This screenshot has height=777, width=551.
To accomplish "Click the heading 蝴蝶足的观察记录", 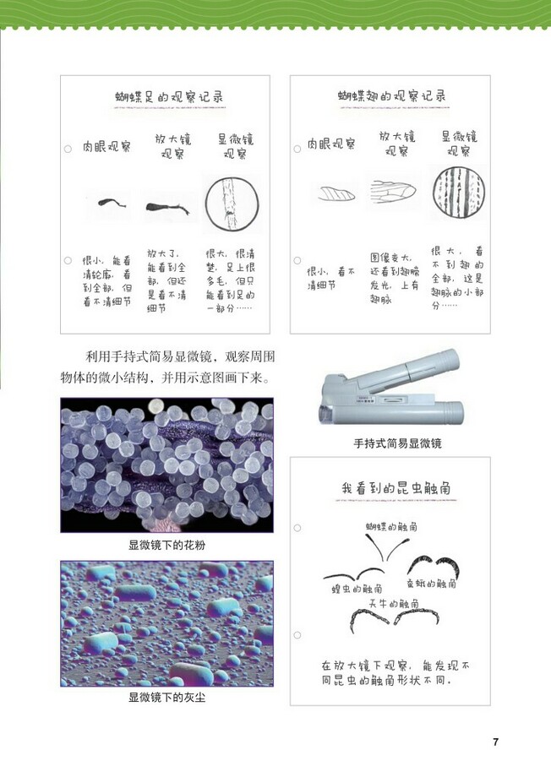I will tap(168, 97).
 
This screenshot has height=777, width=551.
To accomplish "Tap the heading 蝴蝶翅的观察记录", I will tap(391, 96).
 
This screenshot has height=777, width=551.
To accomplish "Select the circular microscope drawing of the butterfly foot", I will tap(230, 204).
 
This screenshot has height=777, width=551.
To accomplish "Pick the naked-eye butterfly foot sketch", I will tap(107, 203).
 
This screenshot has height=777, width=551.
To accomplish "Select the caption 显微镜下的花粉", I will tap(166, 546).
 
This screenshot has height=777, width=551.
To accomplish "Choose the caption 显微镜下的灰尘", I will tap(166, 698).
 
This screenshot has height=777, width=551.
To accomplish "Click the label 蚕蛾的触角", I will tap(432, 583).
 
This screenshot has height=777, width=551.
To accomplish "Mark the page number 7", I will tap(496, 742).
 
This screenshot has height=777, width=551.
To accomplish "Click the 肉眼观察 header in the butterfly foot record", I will tap(106, 146).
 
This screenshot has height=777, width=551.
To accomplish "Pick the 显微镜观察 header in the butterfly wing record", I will tap(458, 144).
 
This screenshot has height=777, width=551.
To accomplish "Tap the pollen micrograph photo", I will tap(166, 465).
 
